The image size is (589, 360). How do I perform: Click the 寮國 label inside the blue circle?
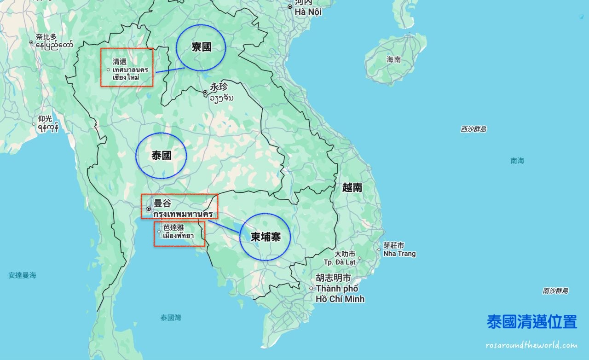(202, 47)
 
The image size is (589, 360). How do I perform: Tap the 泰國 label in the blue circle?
(162, 156)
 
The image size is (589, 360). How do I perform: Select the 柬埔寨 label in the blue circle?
(265, 237)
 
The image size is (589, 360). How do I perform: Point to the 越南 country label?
(352, 187)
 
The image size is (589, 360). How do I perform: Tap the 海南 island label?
(393, 59)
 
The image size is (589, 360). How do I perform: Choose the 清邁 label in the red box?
(119, 61)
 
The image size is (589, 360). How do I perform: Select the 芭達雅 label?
(173, 227)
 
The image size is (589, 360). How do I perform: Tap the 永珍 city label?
(219, 87)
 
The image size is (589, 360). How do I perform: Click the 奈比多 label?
(46, 37)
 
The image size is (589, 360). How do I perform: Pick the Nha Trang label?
(399, 254)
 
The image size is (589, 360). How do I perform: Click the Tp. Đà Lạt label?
(341, 262)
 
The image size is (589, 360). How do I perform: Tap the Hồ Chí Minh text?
(340, 299)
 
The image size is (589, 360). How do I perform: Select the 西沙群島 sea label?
(474, 129)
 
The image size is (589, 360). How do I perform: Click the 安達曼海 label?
(22, 275)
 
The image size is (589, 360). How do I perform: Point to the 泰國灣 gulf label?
(171, 317)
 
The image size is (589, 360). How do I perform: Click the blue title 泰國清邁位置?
(531, 322)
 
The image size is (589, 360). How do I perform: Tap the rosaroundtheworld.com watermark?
(531, 345)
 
